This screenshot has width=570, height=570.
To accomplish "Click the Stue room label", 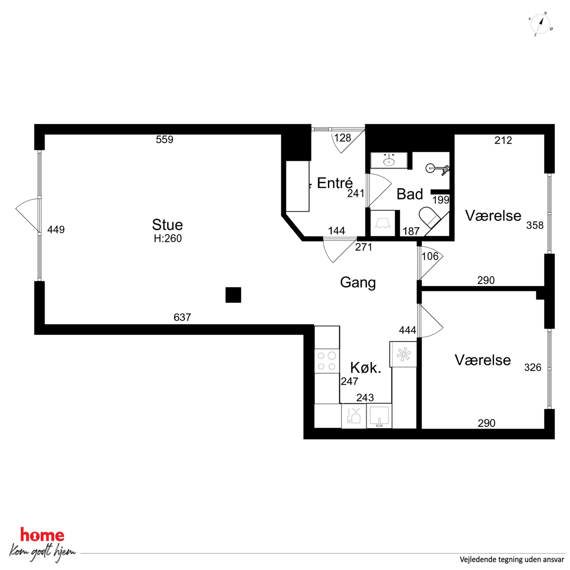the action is pyautogui.click(x=167, y=225).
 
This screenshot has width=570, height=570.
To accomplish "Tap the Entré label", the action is pyautogui.click(x=335, y=183).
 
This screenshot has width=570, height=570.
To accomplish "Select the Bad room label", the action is pyautogui.click(x=410, y=194).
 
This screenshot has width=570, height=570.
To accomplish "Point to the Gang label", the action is pyautogui.click(x=358, y=282).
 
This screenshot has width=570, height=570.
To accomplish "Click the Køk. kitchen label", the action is pyautogui.click(x=366, y=368).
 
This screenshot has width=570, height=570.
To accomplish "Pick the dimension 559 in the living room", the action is pyautogui.click(x=165, y=140).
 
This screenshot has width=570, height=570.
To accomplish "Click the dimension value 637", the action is pyautogui.click(x=182, y=317).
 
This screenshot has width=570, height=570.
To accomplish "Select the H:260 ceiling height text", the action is pyautogui.click(x=168, y=238).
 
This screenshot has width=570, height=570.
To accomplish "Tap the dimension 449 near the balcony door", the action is pyautogui.click(x=56, y=230).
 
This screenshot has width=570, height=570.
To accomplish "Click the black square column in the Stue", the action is pyautogui.click(x=233, y=295).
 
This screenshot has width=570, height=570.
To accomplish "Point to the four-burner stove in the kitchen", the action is pyautogui.click(x=327, y=361).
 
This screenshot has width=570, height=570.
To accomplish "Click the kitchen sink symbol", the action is pyautogui.click(x=379, y=416).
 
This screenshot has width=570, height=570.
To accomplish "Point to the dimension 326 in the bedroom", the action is pyautogui.click(x=533, y=367).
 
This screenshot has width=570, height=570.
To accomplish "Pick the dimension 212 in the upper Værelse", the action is pyautogui.click(x=503, y=140).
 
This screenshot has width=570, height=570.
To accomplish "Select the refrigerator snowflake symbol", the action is pyautogui.click(x=403, y=354).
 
